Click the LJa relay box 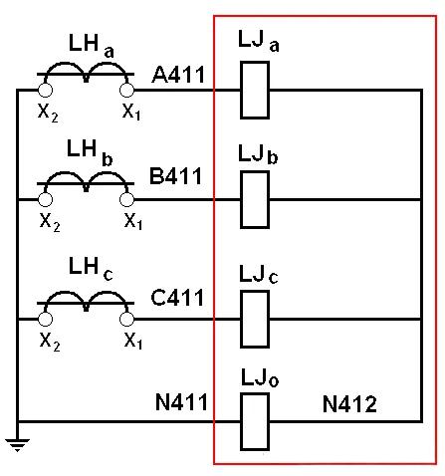point(256,89)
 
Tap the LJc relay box point(256,318)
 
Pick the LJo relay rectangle point(256,420)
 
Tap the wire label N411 point(181,403)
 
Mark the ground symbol point(17,444)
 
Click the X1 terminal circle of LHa point(127,90)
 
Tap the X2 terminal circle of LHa point(46,90)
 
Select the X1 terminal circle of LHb point(127,198)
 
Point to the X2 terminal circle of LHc point(46,319)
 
